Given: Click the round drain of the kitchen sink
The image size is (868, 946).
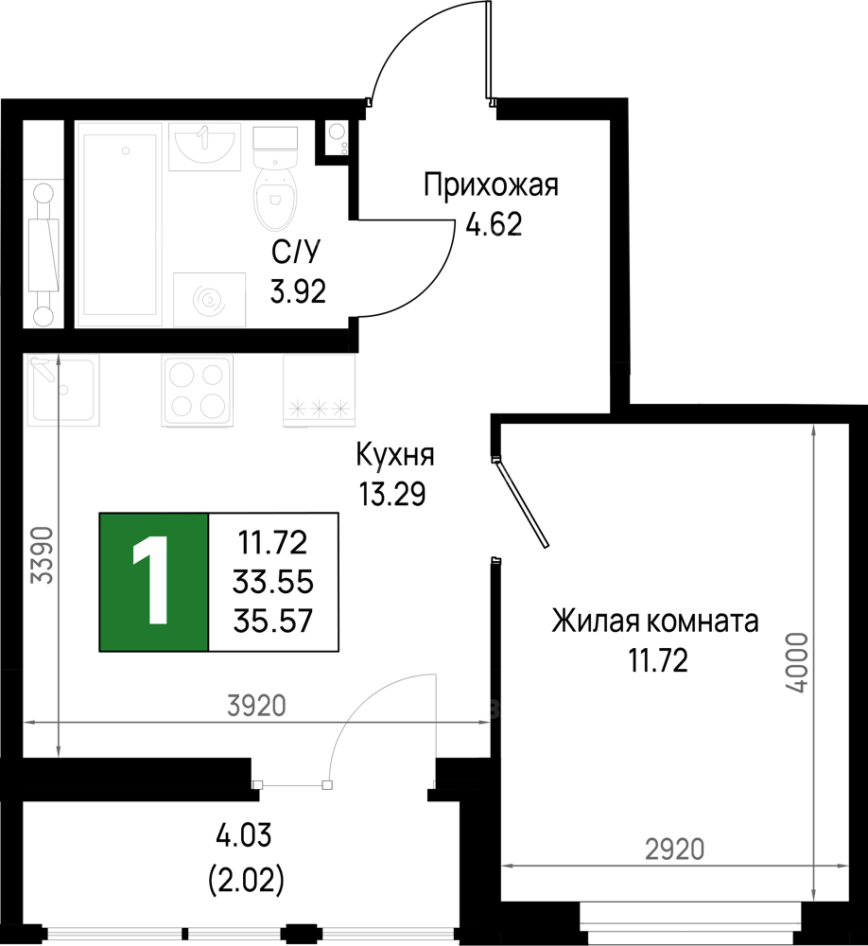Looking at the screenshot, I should click(x=64, y=389).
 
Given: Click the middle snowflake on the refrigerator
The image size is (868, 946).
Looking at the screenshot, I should click(x=319, y=409).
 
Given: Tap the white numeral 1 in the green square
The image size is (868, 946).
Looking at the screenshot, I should click(x=152, y=582).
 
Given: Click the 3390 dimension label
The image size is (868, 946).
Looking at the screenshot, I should click(x=43, y=556).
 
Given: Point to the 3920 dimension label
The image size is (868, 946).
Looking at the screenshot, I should click(x=256, y=706).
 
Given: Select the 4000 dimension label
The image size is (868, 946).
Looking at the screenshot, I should click(x=798, y=662).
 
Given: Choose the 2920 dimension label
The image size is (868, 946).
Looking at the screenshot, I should click(x=674, y=850).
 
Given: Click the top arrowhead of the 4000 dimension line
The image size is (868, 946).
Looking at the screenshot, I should click(x=813, y=429).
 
